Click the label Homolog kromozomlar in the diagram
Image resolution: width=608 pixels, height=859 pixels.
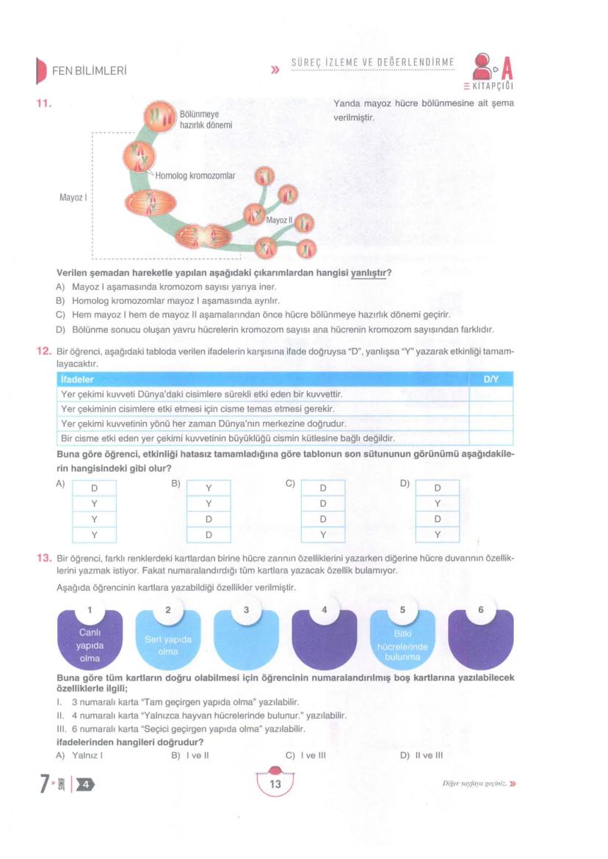coord(195,176)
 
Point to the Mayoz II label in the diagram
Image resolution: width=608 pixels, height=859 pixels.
coord(279,220)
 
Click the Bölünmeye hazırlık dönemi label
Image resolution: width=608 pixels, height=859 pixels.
coord(206,120)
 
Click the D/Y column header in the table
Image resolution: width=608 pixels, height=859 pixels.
coord(491,379)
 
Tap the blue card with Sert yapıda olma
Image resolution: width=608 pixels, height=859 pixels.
coord(168,640)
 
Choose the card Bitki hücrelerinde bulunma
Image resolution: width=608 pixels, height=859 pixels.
coord(402,640)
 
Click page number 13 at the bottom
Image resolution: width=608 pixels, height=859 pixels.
coord(275,784)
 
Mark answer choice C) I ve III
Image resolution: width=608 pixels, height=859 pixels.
coord(305,754)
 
